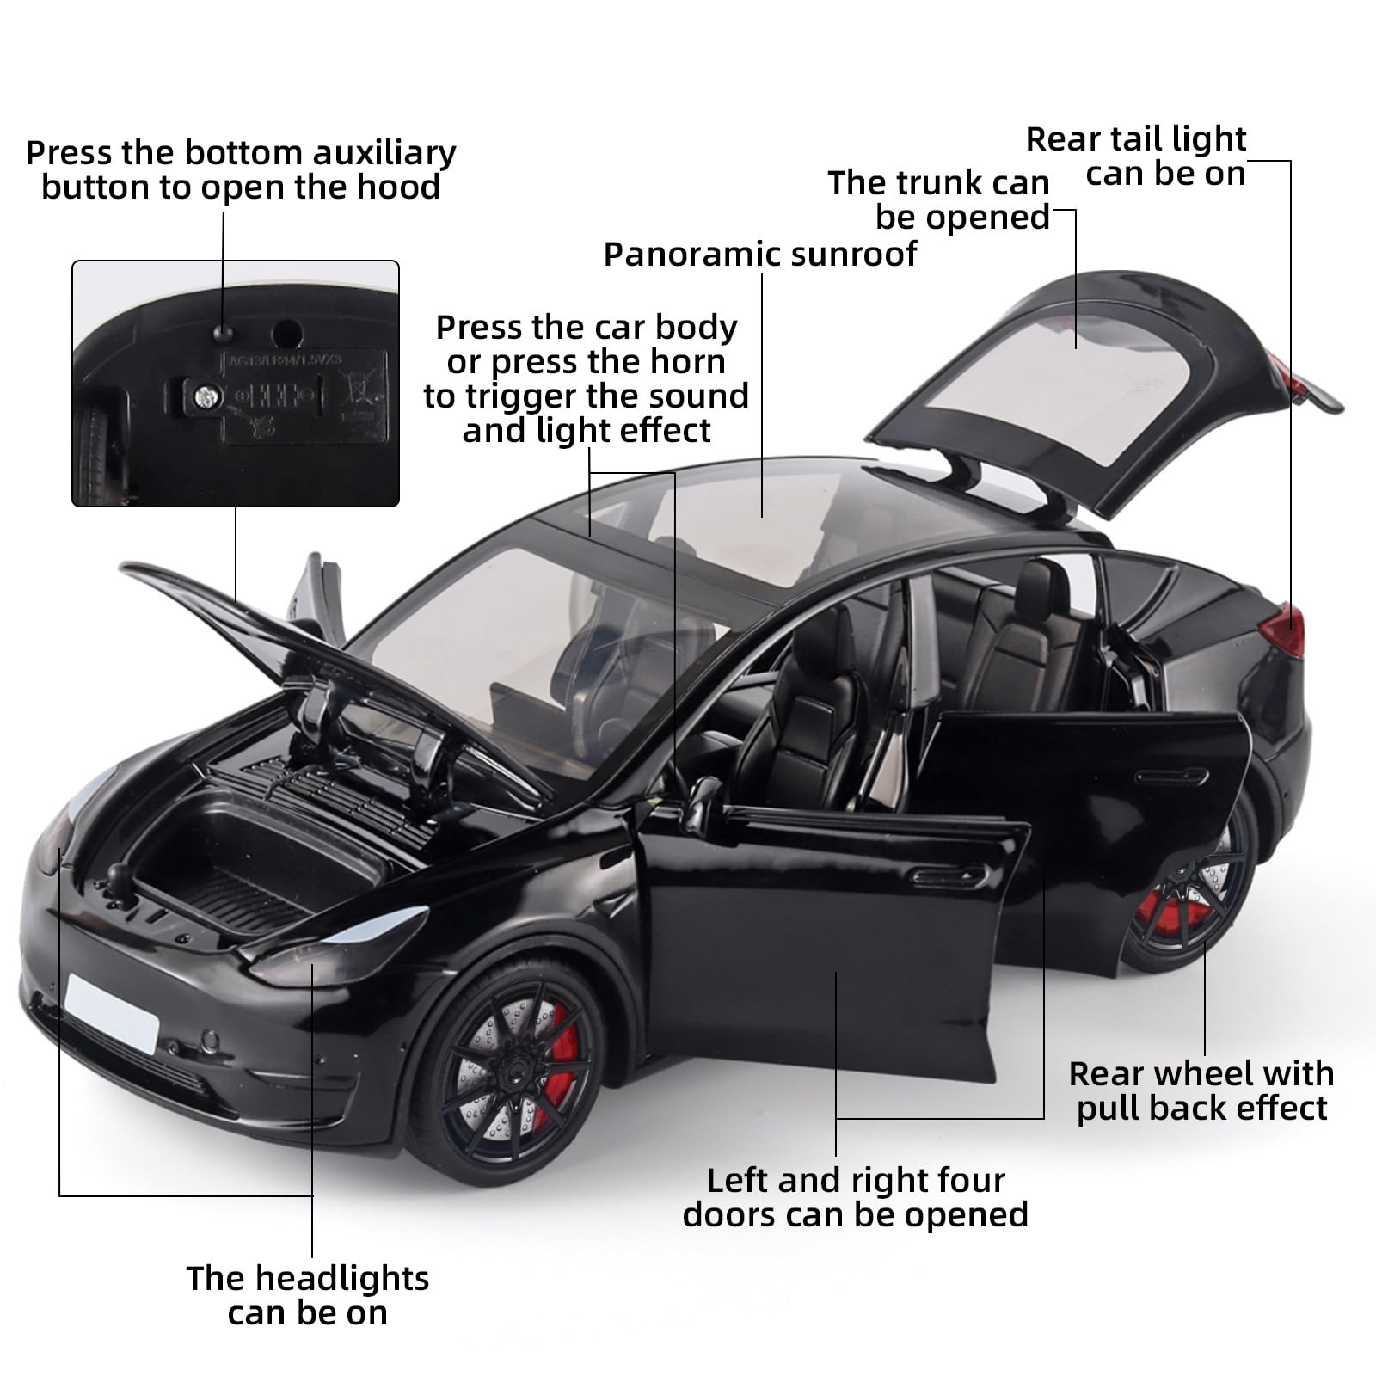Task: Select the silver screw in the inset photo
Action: [x=205, y=396]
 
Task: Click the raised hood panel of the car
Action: [x=224, y=619]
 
